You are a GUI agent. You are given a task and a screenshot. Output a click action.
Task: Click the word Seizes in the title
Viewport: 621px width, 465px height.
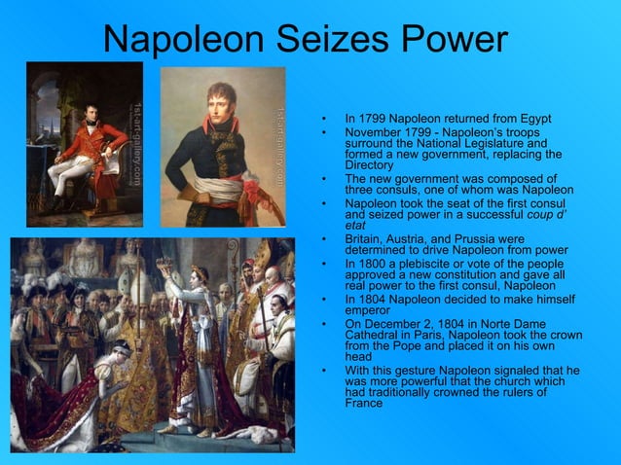pos(328,40)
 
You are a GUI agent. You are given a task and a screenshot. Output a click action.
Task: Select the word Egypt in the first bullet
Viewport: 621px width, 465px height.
pos(530,118)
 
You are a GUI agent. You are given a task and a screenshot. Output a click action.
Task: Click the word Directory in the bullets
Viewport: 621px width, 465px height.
pos(370,165)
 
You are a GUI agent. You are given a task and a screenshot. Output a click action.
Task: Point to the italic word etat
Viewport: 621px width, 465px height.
pos(355,225)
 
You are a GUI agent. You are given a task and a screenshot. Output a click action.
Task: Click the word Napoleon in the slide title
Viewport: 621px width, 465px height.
pos(184,40)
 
